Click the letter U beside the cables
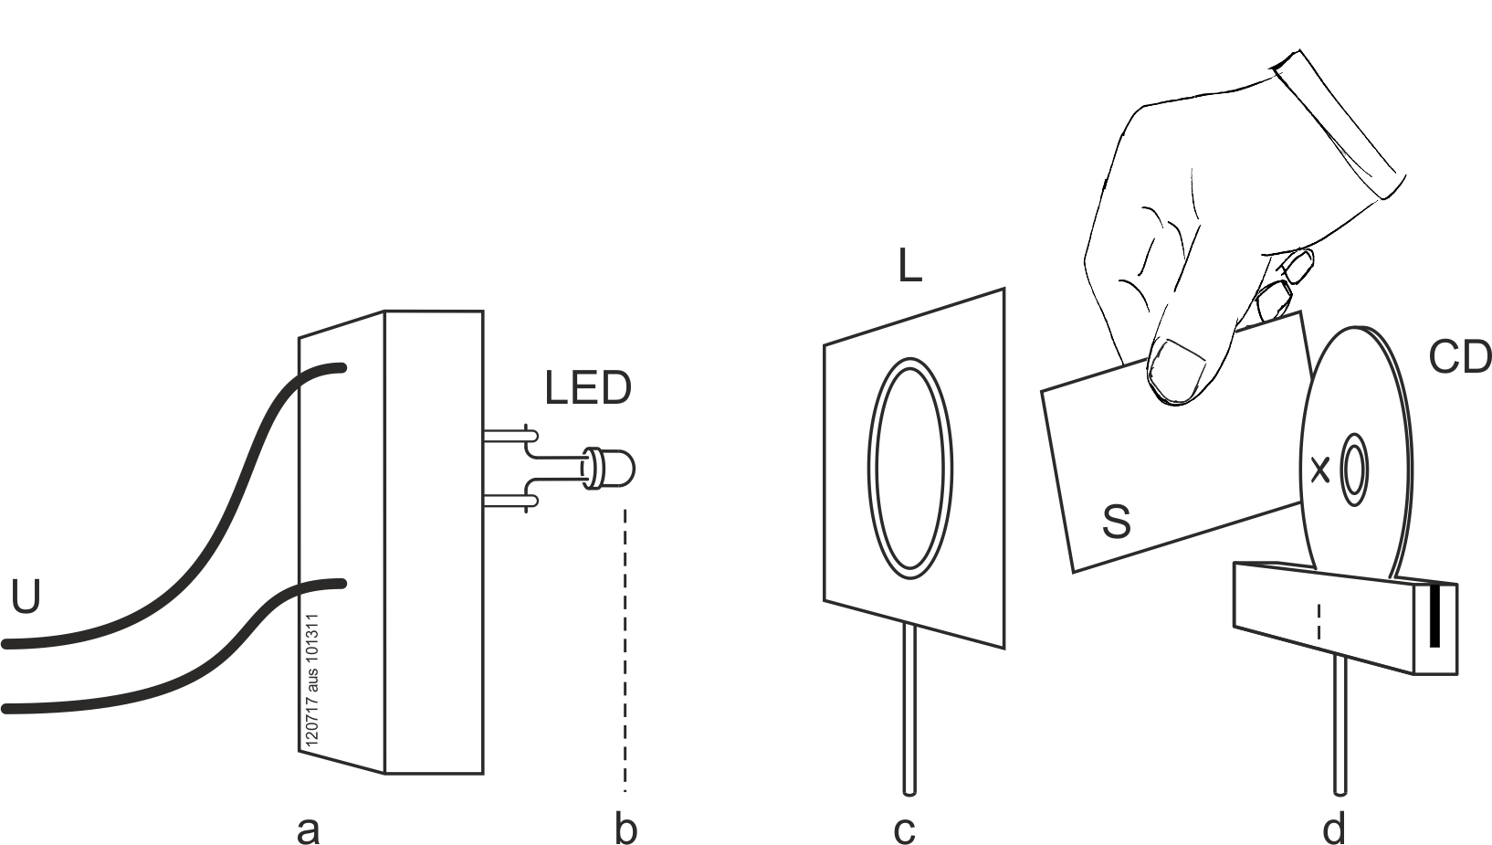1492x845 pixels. click(x=26, y=597)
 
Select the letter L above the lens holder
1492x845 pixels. click(x=909, y=267)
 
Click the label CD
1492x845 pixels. click(x=1458, y=358)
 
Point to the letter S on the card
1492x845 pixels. click(x=1116, y=523)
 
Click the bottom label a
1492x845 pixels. click(x=308, y=829)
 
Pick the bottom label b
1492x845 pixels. click(x=625, y=829)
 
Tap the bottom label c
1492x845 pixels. click(x=903, y=829)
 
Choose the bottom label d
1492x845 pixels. click(x=1334, y=829)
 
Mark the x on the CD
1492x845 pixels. click(x=1319, y=470)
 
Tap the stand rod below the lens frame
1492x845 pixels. click(x=909, y=713)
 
